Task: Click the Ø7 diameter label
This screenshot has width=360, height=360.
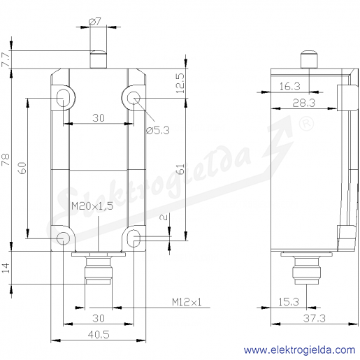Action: click(94, 22)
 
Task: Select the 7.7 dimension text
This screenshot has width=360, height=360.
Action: click(6, 59)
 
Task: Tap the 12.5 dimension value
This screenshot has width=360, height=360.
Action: click(180, 83)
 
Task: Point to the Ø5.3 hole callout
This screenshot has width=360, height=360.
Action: click(158, 130)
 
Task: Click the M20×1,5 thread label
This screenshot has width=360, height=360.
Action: click(92, 206)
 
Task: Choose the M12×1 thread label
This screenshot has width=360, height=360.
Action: click(187, 302)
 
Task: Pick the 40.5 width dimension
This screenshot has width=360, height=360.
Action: click(99, 335)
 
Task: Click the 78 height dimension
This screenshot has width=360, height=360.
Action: click(6, 159)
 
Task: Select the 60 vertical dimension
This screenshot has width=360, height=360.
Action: click(22, 168)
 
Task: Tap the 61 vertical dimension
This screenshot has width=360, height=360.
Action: click(180, 169)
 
